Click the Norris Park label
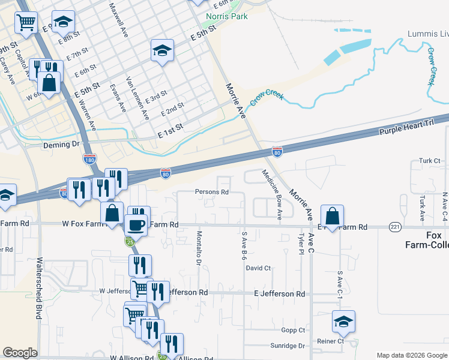tap(226, 16)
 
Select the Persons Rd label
tap(212, 193)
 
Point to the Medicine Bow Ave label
tap(271, 194)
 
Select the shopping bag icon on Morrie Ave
tap(332, 217)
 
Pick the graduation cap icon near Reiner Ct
tap(343, 322)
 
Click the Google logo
tap(20, 353)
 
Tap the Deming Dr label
tap(61, 145)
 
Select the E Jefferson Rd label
tap(279, 294)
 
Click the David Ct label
tap(259, 268)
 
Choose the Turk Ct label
tap(430, 161)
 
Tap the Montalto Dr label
tap(199, 248)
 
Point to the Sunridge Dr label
tap(288, 346)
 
